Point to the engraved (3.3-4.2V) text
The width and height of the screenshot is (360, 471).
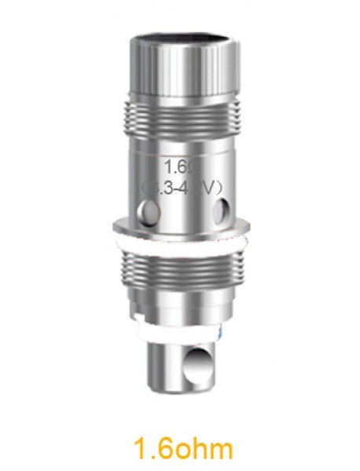(x=183, y=187)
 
